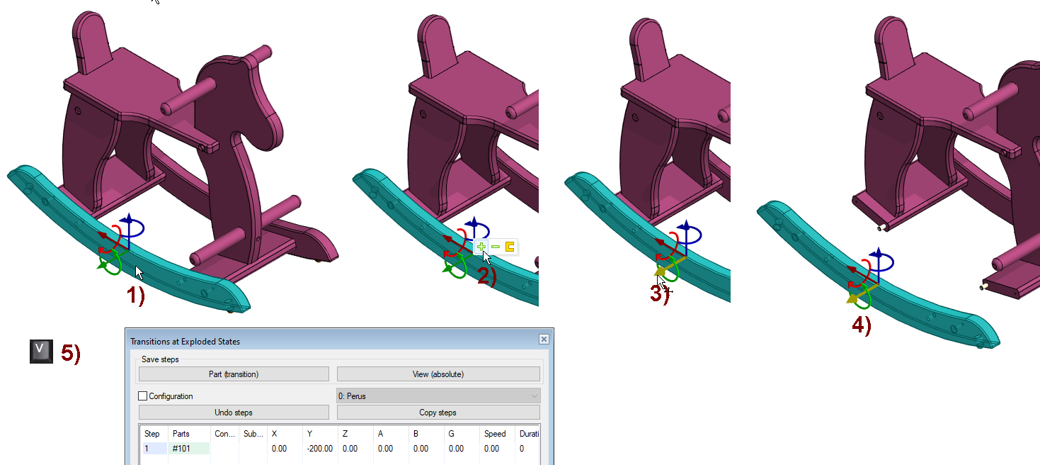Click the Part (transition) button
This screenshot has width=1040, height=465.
click(234, 374)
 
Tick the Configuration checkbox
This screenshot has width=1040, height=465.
click(143, 396)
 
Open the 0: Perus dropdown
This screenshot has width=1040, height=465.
click(438, 396)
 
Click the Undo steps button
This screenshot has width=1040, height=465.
click(234, 413)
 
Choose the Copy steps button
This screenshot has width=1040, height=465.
click(438, 413)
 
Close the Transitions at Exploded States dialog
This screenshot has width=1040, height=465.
click(544, 340)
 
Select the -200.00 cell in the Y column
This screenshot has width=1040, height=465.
click(320, 449)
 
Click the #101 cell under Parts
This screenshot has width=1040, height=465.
click(190, 449)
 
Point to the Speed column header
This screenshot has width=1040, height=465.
click(495, 433)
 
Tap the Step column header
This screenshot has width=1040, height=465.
click(152, 433)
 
